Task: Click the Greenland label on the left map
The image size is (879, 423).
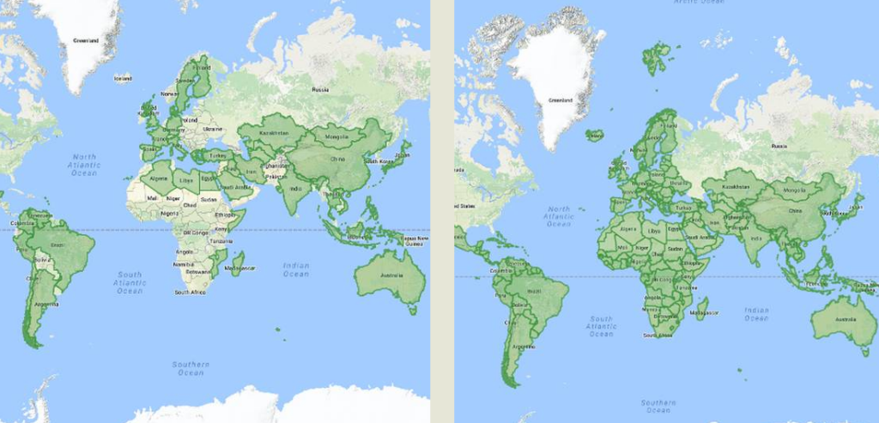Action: click(x=85, y=40)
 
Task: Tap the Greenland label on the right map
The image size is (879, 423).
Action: click(x=560, y=100)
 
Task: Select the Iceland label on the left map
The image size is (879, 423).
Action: click(x=123, y=78)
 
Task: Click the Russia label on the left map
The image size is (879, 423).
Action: click(x=320, y=89)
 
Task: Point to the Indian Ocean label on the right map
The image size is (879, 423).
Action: click(x=757, y=314)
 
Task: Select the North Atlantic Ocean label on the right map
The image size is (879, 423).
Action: click(x=558, y=216)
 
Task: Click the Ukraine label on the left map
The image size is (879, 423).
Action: click(x=214, y=128)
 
